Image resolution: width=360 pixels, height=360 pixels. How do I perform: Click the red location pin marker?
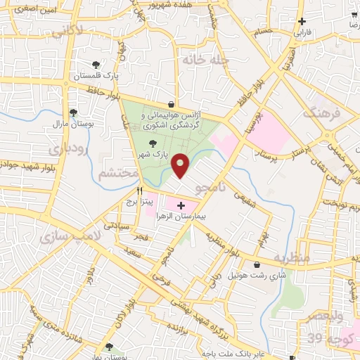pos(181,165)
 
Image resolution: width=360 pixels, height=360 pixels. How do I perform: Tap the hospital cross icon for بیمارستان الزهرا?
pos(181,205)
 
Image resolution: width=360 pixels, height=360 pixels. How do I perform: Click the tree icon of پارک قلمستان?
pos(96,63)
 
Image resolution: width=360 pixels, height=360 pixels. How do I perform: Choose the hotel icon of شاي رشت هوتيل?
pos(257,264)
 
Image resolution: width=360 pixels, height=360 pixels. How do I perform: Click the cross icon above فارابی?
pos(302,22)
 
